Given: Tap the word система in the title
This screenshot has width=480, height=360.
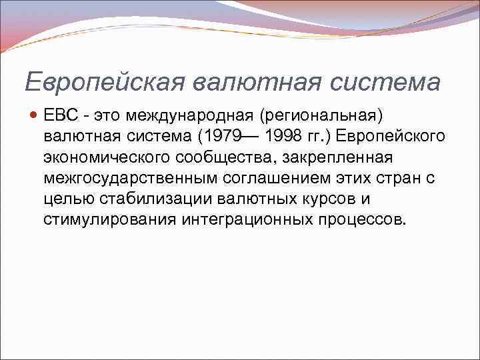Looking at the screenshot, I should click(x=386, y=83).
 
